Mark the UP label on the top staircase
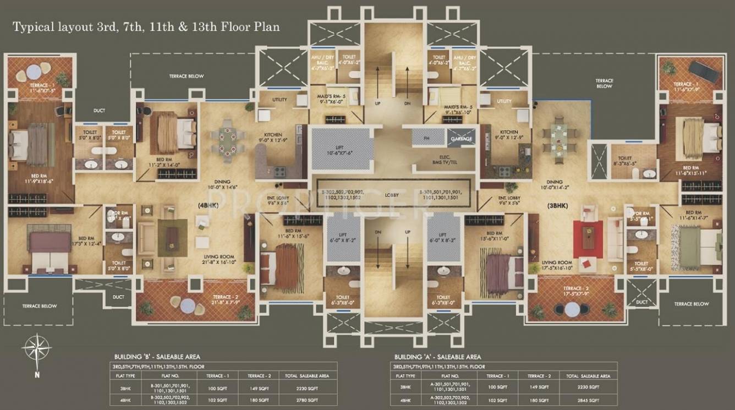(377, 103)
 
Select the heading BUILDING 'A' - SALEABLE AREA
(437, 357)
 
